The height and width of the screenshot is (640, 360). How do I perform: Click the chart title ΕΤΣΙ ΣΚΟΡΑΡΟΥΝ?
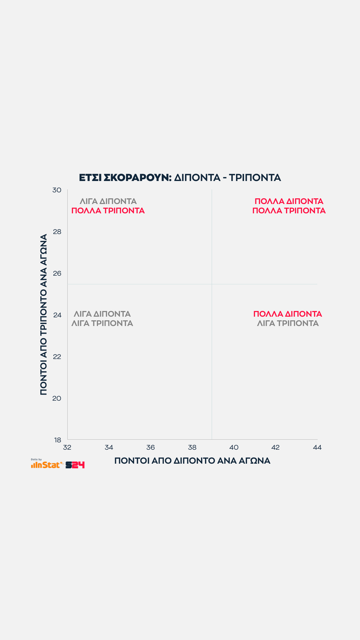(125, 178)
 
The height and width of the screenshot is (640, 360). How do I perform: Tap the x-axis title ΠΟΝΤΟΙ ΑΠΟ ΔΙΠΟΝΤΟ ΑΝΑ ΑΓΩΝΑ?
(192, 461)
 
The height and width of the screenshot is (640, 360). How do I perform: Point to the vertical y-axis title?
(44, 315)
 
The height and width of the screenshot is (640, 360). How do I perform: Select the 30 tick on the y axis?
(57, 190)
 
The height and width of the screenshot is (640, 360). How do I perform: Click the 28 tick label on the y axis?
(57, 232)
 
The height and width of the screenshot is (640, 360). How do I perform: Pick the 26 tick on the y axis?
(57, 273)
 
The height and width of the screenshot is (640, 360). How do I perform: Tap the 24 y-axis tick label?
(57, 315)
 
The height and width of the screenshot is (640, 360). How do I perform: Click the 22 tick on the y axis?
(57, 357)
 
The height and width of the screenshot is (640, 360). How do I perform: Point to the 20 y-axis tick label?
(57, 398)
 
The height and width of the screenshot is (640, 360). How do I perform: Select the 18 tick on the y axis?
(58, 440)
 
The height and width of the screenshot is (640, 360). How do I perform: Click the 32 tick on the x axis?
(67, 447)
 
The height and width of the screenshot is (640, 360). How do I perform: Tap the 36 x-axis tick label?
(151, 447)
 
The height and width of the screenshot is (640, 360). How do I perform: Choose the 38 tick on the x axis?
(192, 447)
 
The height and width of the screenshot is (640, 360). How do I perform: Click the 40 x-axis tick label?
(234, 447)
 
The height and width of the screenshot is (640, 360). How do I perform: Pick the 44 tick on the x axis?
(317, 447)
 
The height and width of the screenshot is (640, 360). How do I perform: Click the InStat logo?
(47, 464)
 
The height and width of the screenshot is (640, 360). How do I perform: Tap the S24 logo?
(75, 465)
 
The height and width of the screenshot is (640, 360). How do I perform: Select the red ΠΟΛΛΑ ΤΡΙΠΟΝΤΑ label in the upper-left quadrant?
(108, 211)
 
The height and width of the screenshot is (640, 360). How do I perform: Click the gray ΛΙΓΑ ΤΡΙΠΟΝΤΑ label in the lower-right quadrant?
(288, 323)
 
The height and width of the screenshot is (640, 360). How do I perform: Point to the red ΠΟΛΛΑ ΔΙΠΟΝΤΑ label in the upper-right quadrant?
(289, 201)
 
